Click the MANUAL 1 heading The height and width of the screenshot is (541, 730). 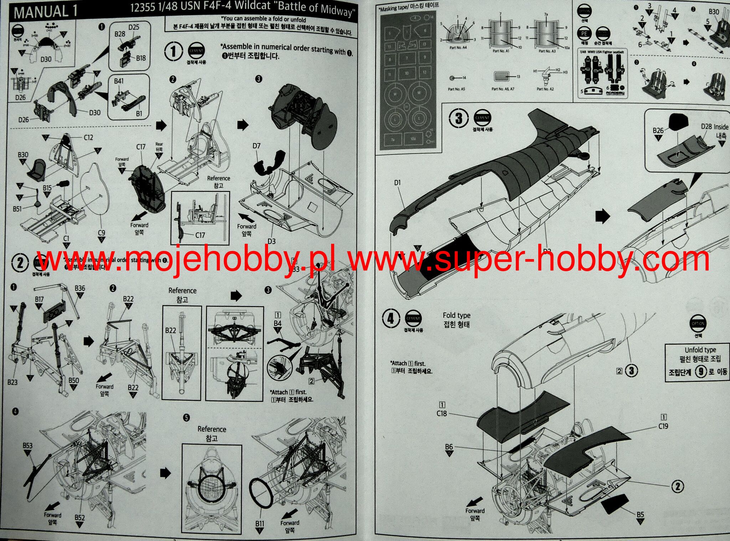[x=46, y=11]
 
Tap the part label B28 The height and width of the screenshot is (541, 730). [x=120, y=34]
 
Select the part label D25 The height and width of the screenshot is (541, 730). [x=134, y=27]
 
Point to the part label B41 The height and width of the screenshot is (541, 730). [x=119, y=81]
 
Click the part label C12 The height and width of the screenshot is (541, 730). [x=88, y=137]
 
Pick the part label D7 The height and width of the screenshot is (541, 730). [x=256, y=146]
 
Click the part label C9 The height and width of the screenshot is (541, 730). [x=101, y=233]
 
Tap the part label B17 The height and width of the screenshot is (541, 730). [x=39, y=300]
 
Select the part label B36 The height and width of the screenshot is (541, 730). [x=80, y=288]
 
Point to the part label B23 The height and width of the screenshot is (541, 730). [x=12, y=382]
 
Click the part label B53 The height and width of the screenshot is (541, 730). [x=27, y=445]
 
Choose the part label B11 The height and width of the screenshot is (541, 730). [x=260, y=524]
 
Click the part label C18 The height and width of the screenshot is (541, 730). [x=442, y=413]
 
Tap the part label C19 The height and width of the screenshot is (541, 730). [x=663, y=426]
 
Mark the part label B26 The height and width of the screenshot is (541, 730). [x=658, y=130]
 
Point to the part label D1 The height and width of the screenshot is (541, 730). [x=397, y=183]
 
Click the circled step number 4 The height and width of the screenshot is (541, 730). [x=391, y=318]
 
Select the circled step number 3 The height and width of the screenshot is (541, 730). [x=459, y=118]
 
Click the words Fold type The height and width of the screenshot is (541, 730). [x=456, y=315]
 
